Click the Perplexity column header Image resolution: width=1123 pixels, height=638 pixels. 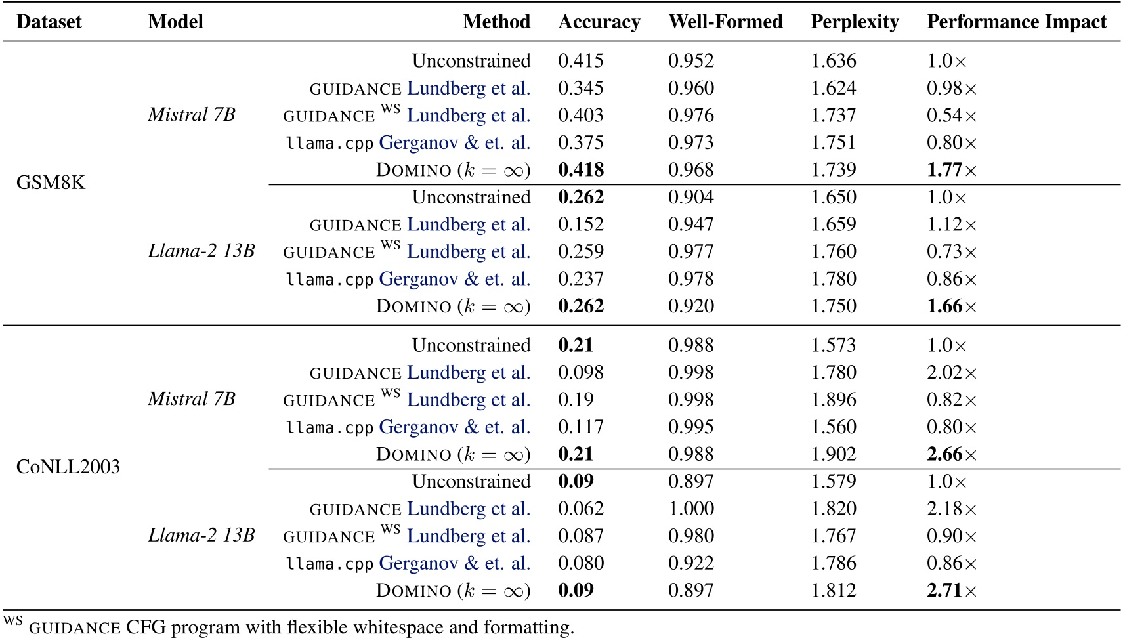click(x=854, y=22)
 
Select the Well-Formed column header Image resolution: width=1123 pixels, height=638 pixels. click(x=725, y=22)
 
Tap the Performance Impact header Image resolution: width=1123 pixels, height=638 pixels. click(x=1016, y=22)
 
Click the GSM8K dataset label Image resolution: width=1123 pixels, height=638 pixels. click(x=51, y=182)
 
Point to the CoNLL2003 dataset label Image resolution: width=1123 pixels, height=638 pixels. click(x=68, y=467)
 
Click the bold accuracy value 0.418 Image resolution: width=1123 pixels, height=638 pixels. click(x=580, y=170)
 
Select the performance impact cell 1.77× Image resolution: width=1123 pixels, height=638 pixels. click(x=951, y=170)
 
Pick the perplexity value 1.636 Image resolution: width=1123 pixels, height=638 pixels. click(x=833, y=61)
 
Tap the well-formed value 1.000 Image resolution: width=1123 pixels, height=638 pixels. click(x=690, y=509)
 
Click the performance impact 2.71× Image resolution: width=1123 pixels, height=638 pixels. click(x=951, y=591)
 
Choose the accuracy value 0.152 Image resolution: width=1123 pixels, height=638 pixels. click(x=580, y=224)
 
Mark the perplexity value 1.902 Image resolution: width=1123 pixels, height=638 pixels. click(x=833, y=454)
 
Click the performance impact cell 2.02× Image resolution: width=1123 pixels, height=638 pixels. click(x=951, y=373)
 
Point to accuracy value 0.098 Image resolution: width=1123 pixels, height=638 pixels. click(x=580, y=373)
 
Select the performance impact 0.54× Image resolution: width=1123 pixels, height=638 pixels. click(x=951, y=116)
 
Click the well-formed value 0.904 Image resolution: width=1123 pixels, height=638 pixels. click(x=690, y=198)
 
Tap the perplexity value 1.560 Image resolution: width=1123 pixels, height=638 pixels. click(x=833, y=427)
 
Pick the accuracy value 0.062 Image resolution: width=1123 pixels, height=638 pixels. click(x=580, y=509)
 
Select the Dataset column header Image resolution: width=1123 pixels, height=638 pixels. click(x=49, y=22)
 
